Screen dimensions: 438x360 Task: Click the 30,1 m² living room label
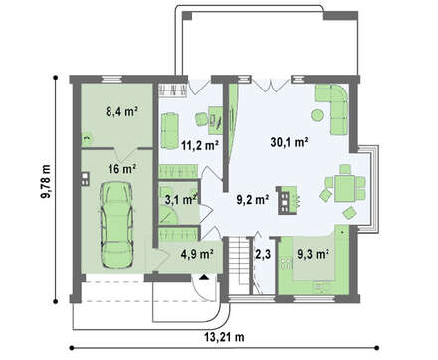click(289, 142)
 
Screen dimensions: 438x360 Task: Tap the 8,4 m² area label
click(121, 111)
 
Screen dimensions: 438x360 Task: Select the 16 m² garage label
click(122, 169)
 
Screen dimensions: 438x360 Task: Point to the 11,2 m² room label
click(199, 145)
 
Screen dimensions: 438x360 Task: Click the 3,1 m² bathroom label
click(181, 199)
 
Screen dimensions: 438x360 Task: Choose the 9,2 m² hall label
click(252, 199)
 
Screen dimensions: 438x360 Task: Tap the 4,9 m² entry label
click(197, 254)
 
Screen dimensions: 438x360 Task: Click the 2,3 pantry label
click(263, 254)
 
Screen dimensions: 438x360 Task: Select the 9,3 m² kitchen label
click(313, 254)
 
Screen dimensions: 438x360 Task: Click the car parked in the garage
click(117, 225)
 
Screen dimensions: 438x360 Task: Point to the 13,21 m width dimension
click(224, 337)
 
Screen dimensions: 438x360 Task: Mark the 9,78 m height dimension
click(45, 181)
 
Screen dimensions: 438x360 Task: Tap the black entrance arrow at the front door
click(203, 277)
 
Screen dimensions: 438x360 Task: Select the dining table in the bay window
click(345, 188)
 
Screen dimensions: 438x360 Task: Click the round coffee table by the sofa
click(317, 115)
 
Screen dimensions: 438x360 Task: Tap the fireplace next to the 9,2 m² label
click(286, 200)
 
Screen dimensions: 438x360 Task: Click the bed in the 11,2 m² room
click(169, 130)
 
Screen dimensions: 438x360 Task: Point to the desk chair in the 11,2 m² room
click(201, 119)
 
